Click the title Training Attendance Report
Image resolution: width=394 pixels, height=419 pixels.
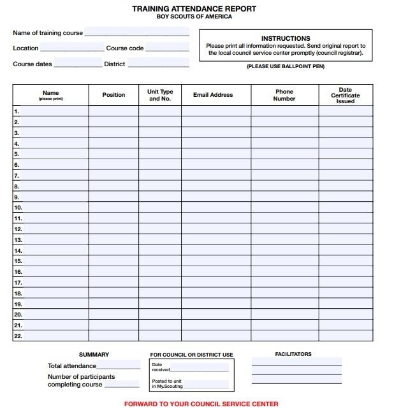point(194,9)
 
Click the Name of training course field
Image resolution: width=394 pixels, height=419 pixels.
point(136,31)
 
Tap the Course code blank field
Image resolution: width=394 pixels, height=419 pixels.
point(167,47)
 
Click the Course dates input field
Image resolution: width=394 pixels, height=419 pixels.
point(77,63)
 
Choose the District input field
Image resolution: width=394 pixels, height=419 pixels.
point(158,63)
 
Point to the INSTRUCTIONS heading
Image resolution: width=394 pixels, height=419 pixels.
point(286,38)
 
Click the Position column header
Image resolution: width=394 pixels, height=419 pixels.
point(113,95)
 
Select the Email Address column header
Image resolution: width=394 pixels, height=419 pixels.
point(213,95)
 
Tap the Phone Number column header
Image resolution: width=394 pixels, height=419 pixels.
point(284,95)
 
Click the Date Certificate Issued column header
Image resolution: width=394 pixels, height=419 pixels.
point(345,96)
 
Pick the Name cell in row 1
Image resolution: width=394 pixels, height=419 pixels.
point(55,111)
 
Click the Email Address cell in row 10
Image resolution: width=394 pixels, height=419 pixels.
point(215,208)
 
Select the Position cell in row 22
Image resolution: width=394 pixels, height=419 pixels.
point(113,336)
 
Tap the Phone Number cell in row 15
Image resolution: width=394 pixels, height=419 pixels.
point(284,261)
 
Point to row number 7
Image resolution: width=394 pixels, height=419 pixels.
point(17,175)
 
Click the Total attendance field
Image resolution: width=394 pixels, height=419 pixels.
point(118,366)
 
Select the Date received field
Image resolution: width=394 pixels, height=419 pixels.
point(199,367)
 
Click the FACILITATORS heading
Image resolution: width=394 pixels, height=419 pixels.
point(293,354)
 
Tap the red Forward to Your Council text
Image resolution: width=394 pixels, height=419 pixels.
point(201,404)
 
